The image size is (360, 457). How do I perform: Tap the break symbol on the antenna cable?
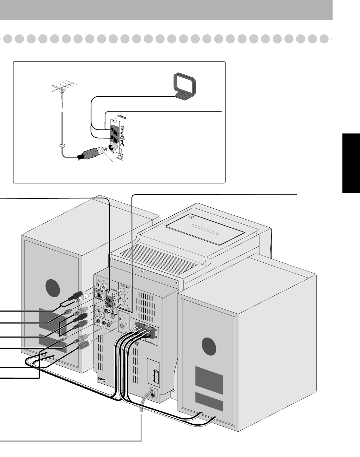61,145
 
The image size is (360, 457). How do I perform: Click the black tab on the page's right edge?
351,163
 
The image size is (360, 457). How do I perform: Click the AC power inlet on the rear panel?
153,393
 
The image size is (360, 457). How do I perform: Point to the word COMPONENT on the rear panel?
126,286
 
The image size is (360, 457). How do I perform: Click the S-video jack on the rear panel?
121,325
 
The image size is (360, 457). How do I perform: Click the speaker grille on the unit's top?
191,217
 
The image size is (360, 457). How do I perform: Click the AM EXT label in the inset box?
123,129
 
